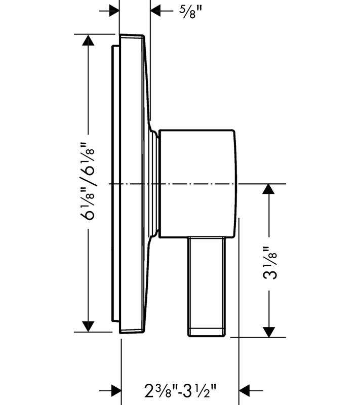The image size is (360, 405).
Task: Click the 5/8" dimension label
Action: coord(190,12)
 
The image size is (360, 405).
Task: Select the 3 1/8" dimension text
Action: coord(270,263)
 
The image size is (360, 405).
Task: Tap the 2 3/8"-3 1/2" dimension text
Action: coord(180,390)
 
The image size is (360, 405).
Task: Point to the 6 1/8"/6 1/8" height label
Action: coord(88,181)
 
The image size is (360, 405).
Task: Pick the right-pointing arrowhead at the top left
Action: coord(114,11)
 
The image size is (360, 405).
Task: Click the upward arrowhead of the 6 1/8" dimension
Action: coord(88,40)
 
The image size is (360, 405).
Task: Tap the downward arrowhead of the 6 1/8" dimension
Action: coord(88,327)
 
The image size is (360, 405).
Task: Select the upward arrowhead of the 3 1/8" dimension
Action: coord(268,189)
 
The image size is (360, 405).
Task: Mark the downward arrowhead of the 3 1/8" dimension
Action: coord(268,332)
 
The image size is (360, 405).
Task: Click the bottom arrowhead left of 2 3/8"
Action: coord(116,390)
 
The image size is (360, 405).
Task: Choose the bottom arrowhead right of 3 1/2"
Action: coord(245,390)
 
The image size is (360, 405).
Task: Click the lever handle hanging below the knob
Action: coord(207,287)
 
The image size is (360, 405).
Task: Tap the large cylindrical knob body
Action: coord(197,183)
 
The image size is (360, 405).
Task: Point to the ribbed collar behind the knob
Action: coord(154,183)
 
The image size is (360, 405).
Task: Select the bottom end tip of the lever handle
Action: coord(207,336)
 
